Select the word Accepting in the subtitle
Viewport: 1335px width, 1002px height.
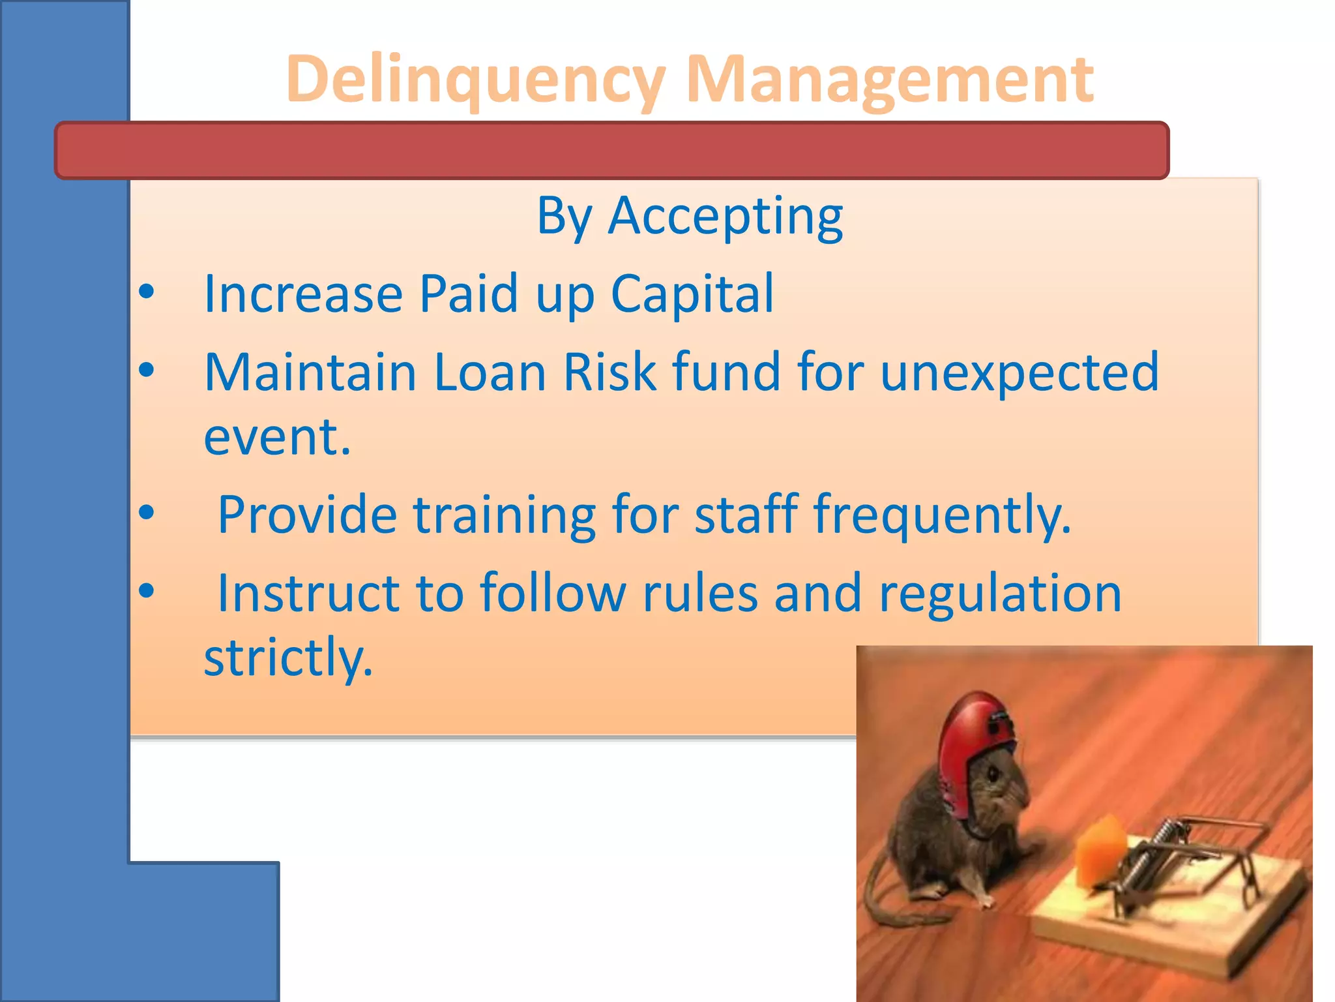click(x=726, y=217)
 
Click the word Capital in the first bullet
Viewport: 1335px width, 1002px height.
click(x=692, y=294)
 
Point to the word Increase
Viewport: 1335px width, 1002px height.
click(x=303, y=294)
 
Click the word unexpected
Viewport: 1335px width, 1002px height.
click(x=1020, y=373)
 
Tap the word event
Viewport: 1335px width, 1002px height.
click(x=277, y=437)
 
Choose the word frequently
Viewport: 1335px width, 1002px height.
click(x=942, y=515)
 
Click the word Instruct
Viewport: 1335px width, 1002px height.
click(x=308, y=593)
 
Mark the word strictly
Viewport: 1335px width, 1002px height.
click(x=288, y=658)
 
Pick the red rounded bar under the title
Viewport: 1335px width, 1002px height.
click(x=611, y=150)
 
